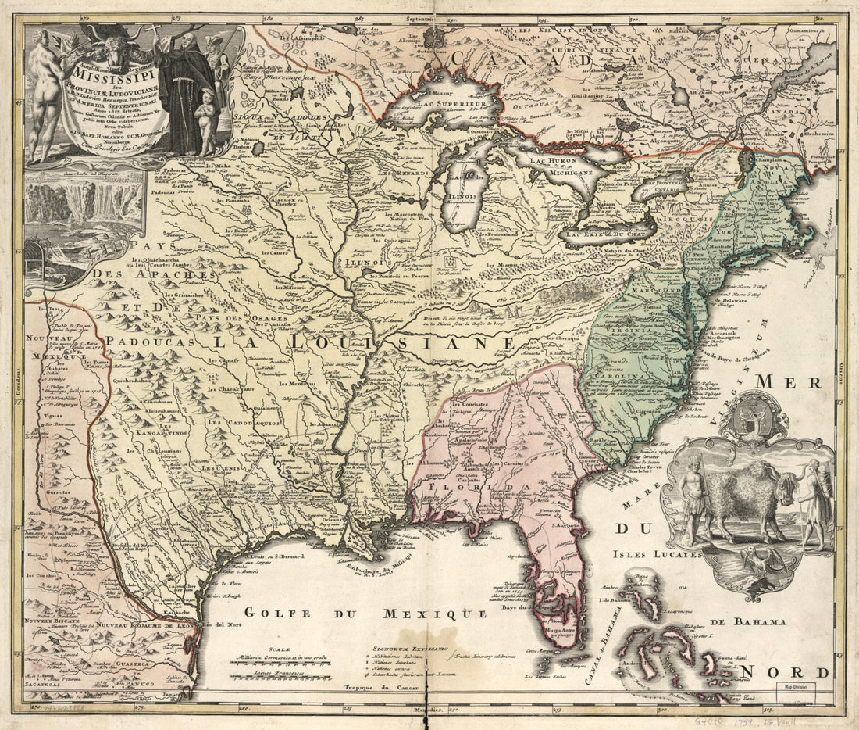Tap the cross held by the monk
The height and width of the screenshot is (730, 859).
[x=155, y=33]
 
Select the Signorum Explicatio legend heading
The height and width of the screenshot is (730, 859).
[x=410, y=648]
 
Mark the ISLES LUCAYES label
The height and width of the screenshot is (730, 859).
[x=658, y=554]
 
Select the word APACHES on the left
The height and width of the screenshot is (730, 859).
[x=152, y=274]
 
